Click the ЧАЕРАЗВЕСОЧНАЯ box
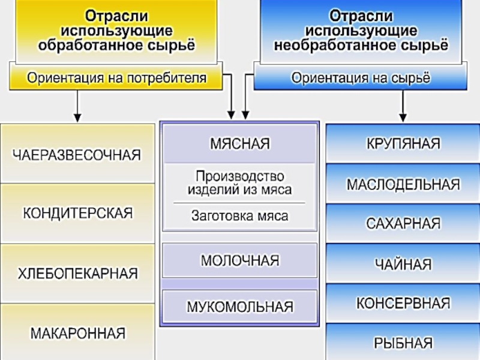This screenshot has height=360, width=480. click(x=77, y=155)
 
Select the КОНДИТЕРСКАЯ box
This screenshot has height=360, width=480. click(x=77, y=213)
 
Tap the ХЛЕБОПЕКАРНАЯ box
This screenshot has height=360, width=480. click(x=77, y=274)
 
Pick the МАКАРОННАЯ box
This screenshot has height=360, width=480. click(x=77, y=332)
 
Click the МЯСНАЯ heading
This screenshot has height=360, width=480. click(x=239, y=144)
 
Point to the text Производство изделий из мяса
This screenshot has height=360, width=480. click(x=239, y=183)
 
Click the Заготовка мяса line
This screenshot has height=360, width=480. click(x=239, y=215)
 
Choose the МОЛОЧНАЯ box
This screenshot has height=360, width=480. click(x=239, y=261)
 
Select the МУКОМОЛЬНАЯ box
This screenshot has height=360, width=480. click(x=239, y=307)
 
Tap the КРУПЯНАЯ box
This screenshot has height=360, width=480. click(x=403, y=144)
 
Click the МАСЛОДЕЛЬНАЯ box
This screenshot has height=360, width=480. click(x=403, y=184)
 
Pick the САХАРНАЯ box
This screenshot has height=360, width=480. click(x=403, y=224)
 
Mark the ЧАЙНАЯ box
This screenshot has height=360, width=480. click(x=403, y=264)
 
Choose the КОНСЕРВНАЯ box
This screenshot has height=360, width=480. click(x=403, y=304)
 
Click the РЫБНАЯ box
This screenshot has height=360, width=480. click(x=403, y=343)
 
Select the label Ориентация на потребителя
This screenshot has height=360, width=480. click(x=116, y=78)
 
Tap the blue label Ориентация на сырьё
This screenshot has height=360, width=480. click(x=361, y=78)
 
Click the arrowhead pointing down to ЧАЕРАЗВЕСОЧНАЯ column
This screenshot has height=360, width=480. click(x=77, y=115)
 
